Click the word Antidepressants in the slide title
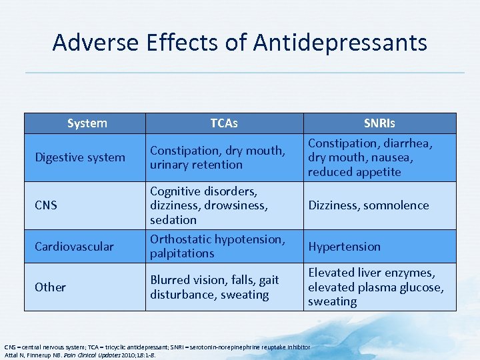(340, 43)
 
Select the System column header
(87, 123)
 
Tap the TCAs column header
(224, 123)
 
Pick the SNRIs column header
(379, 123)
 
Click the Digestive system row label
(80, 157)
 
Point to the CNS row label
(46, 205)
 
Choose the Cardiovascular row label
(74, 246)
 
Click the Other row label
(51, 287)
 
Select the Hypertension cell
(344, 246)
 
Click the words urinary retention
(196, 165)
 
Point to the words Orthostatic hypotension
(217, 239)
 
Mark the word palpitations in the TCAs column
(182, 253)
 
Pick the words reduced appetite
(354, 172)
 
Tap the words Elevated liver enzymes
(371, 273)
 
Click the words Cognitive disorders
(203, 191)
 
